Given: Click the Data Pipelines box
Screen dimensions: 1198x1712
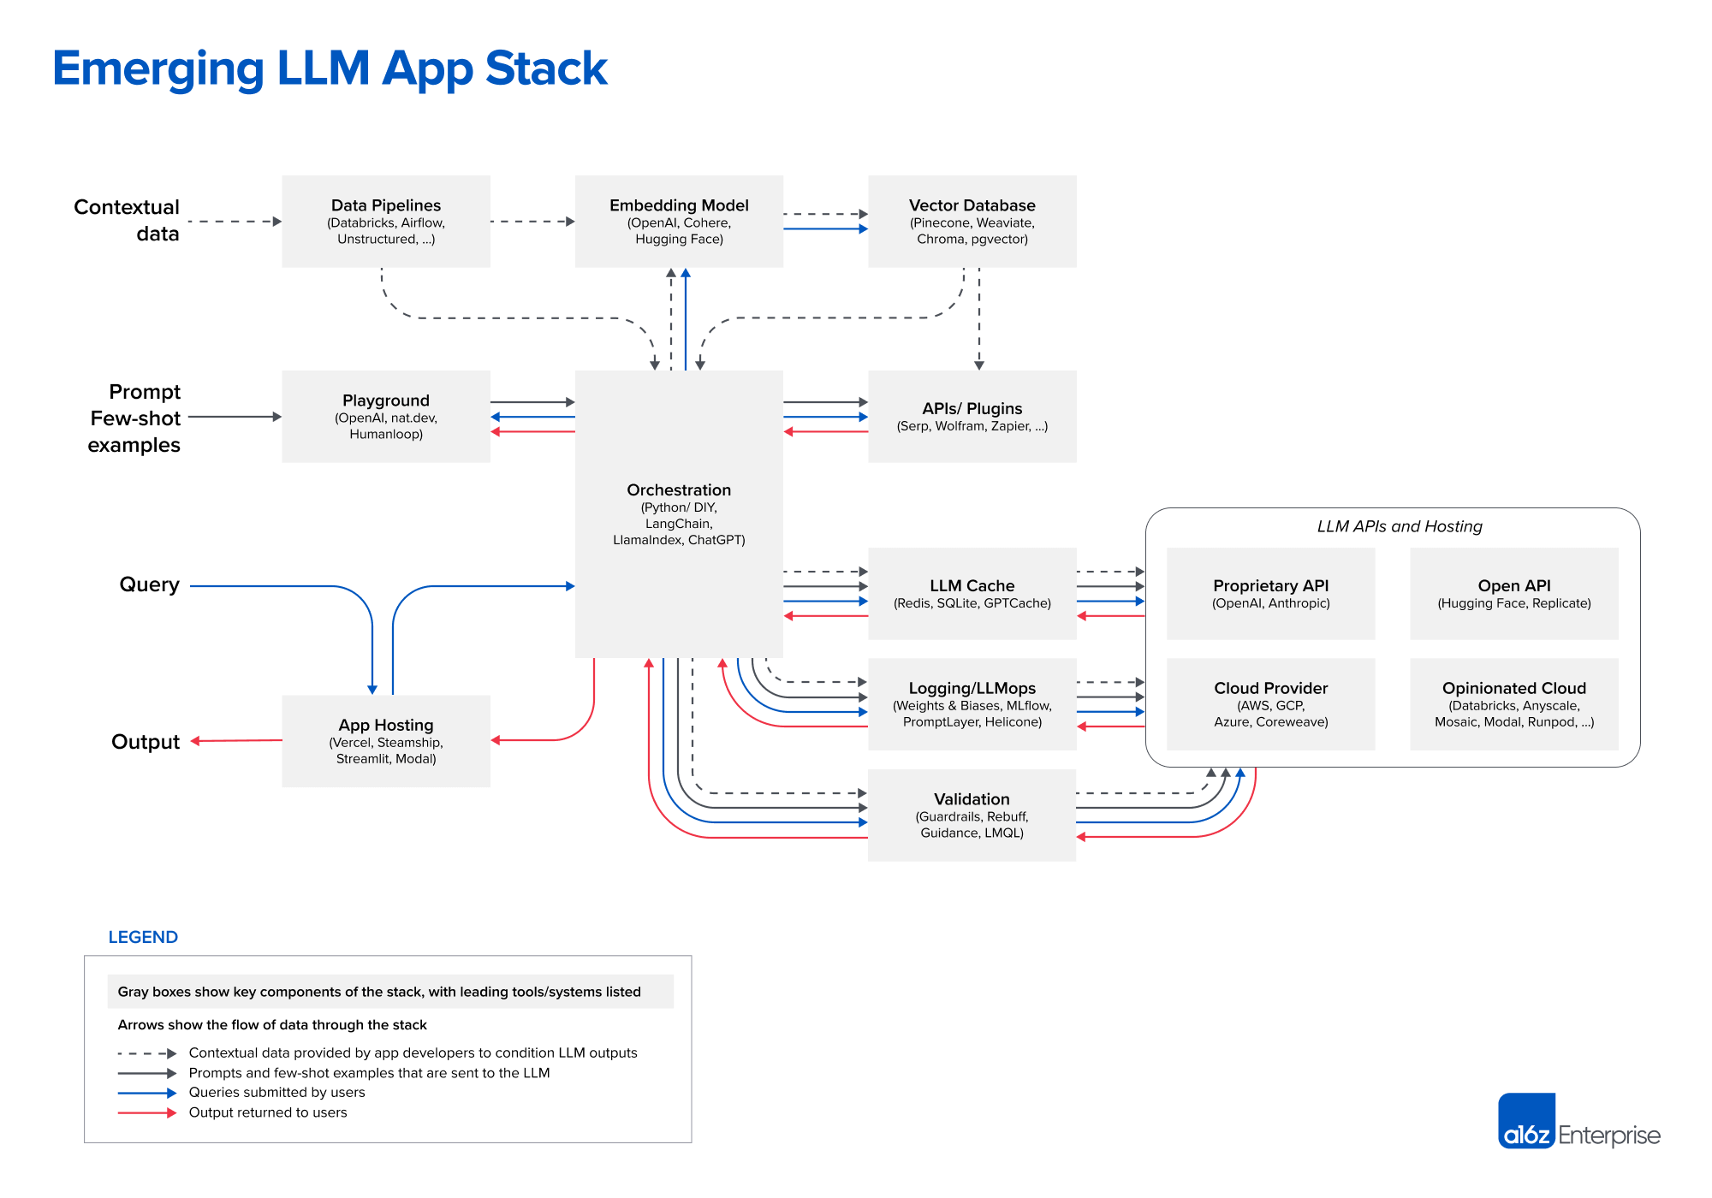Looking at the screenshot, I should [386, 222].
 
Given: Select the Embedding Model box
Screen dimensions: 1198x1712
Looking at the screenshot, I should [679, 222].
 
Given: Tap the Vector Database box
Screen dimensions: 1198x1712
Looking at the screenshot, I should [972, 222].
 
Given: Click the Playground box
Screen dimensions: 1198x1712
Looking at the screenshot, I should [386, 417].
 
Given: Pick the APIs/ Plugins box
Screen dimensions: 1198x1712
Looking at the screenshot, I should [972, 417].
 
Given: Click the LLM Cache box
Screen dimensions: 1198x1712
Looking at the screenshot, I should [972, 594].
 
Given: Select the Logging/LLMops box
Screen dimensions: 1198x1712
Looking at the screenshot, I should [972, 704].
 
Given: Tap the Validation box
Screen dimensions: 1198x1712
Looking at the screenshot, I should [972, 815].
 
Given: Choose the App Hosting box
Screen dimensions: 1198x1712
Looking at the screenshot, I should [386, 741].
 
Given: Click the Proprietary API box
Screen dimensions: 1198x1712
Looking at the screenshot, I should [1270, 594].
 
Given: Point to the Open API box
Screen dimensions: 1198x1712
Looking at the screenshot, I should [1513, 594].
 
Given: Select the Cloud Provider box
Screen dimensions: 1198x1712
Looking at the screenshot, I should [1270, 704].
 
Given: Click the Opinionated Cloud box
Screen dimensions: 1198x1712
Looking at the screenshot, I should [1513, 704].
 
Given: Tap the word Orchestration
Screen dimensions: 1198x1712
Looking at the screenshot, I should [679, 490].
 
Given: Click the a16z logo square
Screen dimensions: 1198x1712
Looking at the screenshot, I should [1526, 1120].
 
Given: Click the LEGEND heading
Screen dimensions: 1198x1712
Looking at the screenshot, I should [143, 937].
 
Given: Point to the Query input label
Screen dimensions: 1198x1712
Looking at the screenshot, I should [149, 584].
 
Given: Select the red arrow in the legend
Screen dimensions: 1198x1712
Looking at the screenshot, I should [146, 1113].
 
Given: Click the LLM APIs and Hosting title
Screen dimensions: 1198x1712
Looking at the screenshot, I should [1400, 526].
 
